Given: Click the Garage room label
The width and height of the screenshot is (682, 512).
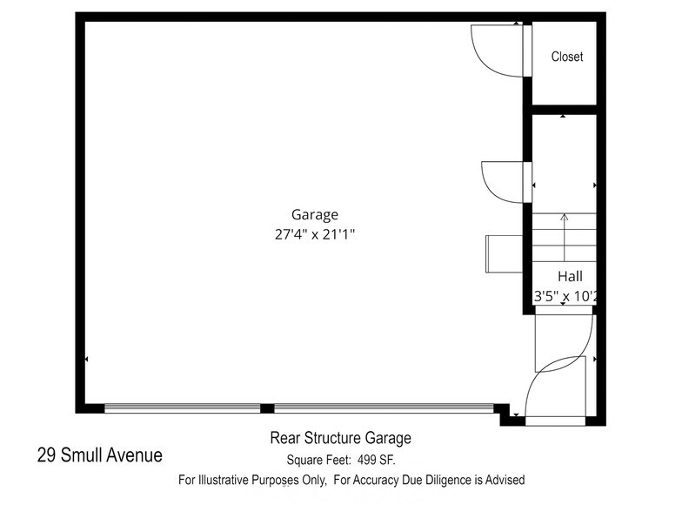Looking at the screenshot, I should point(314,214).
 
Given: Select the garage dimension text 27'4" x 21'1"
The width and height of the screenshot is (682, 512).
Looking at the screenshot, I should point(314,233).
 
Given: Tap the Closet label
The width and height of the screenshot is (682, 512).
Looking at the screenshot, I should point(566,57).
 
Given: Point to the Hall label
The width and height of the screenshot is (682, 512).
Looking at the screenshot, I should point(570,276).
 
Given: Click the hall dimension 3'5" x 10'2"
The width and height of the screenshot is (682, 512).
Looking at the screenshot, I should point(565,296).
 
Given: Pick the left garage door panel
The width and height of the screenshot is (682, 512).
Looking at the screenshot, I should point(183,408).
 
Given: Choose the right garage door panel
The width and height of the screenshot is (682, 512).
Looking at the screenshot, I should point(384,408).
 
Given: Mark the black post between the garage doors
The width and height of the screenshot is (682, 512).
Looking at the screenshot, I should point(268,408).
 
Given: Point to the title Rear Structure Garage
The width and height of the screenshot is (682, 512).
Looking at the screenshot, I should point(340,439).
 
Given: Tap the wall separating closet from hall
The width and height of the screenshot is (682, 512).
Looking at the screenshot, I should point(564,110).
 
